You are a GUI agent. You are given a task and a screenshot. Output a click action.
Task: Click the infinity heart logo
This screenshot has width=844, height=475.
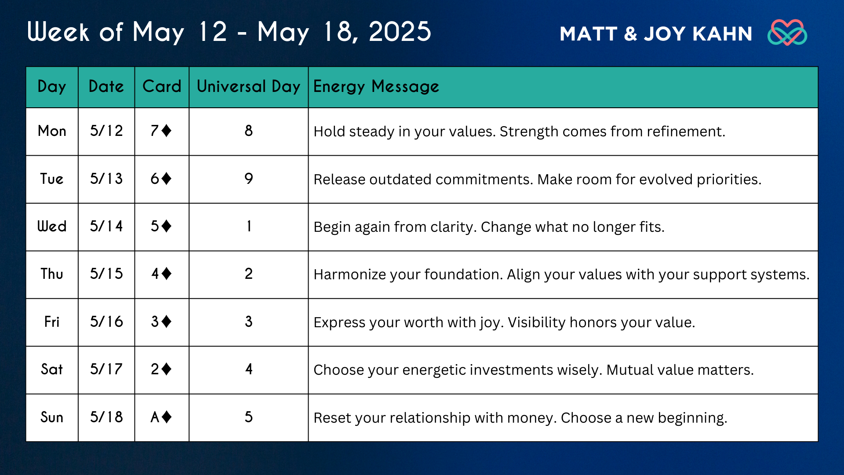[x=787, y=32]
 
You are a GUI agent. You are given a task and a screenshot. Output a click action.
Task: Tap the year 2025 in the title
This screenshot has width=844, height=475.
[x=400, y=32]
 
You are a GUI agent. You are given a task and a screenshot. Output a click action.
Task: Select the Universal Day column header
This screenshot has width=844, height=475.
[x=248, y=87]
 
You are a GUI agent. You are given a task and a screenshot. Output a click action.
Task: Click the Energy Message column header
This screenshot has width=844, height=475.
[x=376, y=87]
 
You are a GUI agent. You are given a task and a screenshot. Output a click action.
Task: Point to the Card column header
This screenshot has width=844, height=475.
[x=162, y=86]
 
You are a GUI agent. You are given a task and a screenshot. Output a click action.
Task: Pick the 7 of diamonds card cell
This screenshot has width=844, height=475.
[x=161, y=131]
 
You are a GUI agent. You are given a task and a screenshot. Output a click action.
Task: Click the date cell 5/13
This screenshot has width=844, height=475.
[x=106, y=179]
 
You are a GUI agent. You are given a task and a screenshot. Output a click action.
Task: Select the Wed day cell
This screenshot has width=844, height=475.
[x=52, y=226]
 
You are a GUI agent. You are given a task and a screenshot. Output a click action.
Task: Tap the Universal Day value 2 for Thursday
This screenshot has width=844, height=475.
[x=249, y=274]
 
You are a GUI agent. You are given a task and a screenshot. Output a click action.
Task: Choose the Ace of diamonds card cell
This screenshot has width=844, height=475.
[x=161, y=417]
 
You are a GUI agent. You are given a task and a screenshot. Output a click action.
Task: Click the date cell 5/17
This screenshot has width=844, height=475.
[x=106, y=369]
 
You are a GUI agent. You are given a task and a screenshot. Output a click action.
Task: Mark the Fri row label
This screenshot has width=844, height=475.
[x=52, y=322]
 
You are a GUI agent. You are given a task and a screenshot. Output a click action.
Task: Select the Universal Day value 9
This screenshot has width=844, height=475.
[x=249, y=179]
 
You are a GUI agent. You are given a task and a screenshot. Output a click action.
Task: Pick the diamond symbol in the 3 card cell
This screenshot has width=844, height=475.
[x=166, y=322]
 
